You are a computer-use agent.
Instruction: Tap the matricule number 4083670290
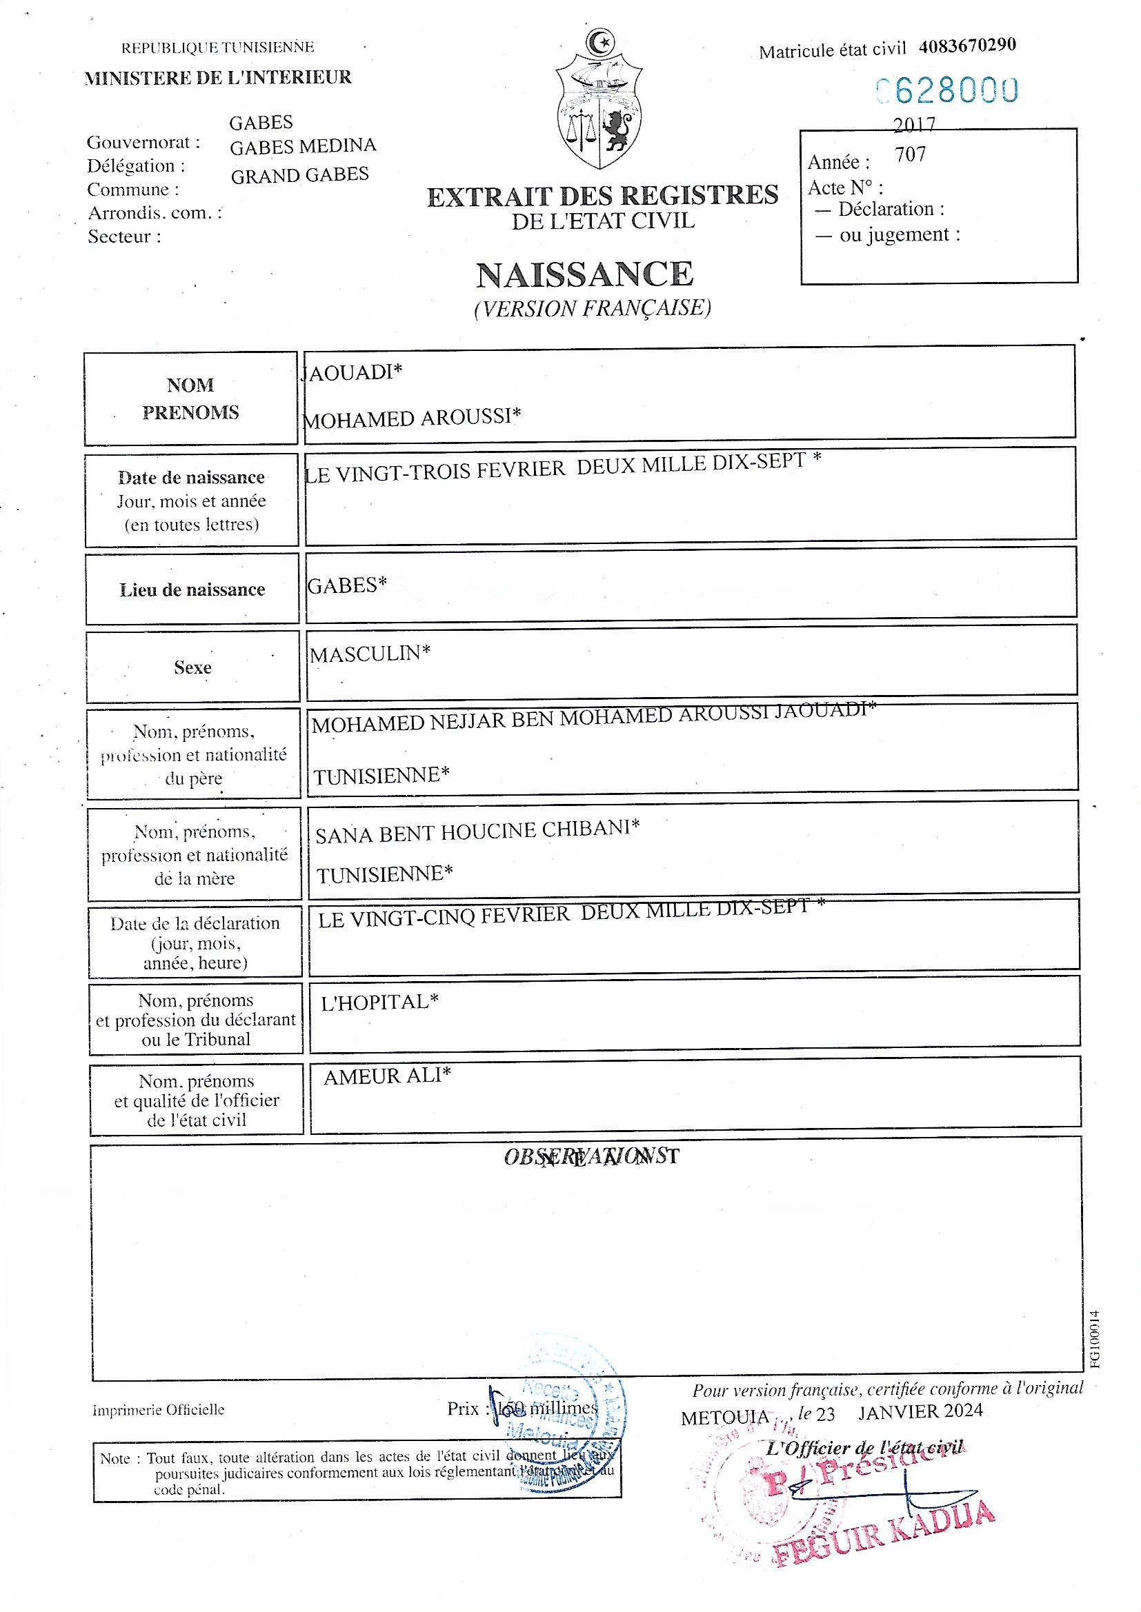click(966, 46)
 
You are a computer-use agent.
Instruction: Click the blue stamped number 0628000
click(946, 90)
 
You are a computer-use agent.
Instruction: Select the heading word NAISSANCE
click(584, 274)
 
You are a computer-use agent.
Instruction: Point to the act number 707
click(911, 154)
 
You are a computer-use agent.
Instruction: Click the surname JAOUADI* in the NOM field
click(353, 372)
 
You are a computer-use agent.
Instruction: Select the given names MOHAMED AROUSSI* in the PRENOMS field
click(412, 418)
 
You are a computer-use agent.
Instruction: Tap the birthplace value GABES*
click(347, 585)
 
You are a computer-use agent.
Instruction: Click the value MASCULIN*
click(370, 654)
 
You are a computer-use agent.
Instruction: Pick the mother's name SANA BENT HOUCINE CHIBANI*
click(477, 832)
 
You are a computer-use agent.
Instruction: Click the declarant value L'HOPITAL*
click(379, 1002)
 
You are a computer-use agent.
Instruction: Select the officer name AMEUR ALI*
click(387, 1076)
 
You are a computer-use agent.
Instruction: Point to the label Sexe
click(192, 667)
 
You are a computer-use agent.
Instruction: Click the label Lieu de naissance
click(192, 590)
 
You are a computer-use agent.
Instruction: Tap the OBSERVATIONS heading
click(591, 1156)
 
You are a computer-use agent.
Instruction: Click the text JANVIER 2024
click(920, 1411)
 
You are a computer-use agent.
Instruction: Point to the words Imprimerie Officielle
click(159, 1410)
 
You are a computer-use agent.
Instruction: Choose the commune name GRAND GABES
click(300, 175)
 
